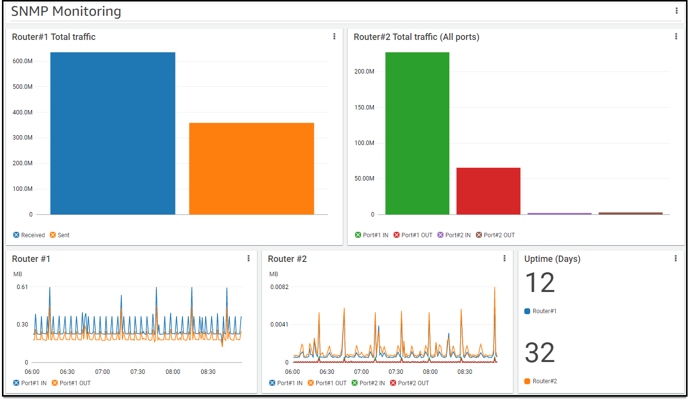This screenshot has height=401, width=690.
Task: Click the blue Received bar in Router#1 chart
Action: coord(112,133)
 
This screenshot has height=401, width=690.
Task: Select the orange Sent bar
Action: coord(252,169)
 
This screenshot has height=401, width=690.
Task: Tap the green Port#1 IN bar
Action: coord(417,133)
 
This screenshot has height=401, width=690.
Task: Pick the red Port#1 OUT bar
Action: coord(488,191)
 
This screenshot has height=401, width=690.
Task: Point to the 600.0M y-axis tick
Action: coord(23,61)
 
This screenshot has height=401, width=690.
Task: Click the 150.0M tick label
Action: coord(364,108)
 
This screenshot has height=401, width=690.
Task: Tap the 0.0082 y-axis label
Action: coord(279,287)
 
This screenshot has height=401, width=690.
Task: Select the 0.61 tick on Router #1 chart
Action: coord(22,287)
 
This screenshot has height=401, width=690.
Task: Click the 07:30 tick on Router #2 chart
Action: coord(396,372)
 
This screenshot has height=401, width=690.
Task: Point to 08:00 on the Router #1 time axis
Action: coord(173,372)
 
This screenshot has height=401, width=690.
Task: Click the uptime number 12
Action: coord(540,283)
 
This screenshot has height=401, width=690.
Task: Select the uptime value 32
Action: coord(540,353)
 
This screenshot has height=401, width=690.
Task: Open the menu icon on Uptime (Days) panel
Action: coord(676,258)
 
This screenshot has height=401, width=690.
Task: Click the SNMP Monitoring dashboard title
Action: coord(66,11)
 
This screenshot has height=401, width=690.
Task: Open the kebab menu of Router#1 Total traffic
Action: coord(334,36)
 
